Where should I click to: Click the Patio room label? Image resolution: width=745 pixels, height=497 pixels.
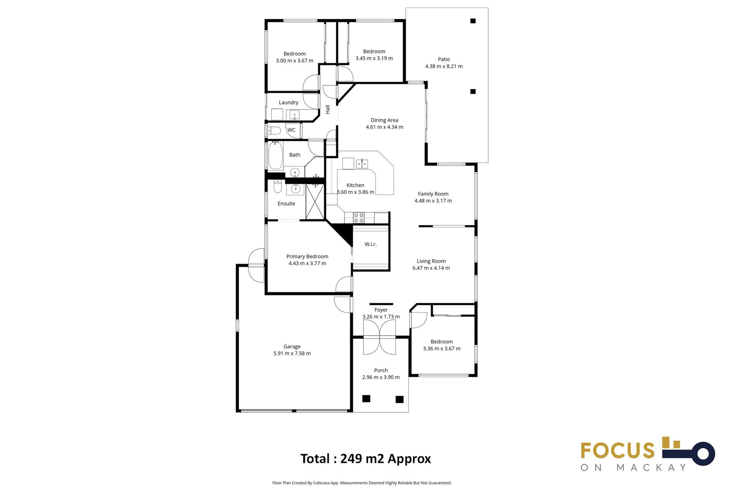[444, 59]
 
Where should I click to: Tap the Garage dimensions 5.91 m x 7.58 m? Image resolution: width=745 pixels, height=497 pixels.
[292, 353]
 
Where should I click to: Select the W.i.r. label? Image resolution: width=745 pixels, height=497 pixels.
[371, 244]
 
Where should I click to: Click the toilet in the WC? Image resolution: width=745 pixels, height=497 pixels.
[274, 130]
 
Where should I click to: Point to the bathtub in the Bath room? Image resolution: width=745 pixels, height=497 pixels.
[275, 156]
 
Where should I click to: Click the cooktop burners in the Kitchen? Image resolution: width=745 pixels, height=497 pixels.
[359, 217]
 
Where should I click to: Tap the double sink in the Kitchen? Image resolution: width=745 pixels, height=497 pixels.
[362, 163]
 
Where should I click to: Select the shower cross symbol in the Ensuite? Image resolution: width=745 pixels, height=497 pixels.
[315, 202]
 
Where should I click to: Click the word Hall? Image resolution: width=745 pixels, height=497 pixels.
[327, 109]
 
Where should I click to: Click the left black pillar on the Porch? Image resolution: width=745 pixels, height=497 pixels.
[366, 398]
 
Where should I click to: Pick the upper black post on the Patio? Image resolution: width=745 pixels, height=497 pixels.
[473, 21]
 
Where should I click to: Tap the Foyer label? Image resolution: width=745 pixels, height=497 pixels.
[381, 310]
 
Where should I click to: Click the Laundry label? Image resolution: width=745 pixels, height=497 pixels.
[288, 103]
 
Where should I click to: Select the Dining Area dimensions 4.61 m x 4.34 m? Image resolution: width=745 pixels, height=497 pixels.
[384, 127]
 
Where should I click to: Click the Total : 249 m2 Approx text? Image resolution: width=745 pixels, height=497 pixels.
[366, 459]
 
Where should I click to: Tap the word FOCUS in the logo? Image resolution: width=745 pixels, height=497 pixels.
[617, 451]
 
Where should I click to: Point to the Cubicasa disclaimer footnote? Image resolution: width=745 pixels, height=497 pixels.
[362, 483]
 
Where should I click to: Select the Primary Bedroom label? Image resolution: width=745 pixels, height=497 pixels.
[307, 256]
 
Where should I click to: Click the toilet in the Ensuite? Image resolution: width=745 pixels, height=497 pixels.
[277, 187]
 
